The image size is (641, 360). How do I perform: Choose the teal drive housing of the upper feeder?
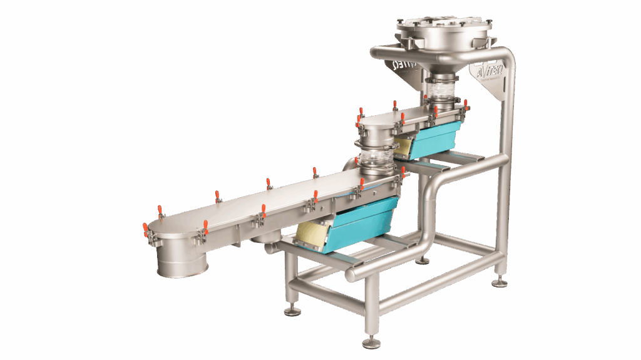click(438, 135)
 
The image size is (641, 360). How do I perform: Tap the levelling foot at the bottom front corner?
click(371, 342)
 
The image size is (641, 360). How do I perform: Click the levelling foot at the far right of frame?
click(500, 282)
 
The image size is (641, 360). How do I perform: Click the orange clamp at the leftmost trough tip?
click(145, 229)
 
